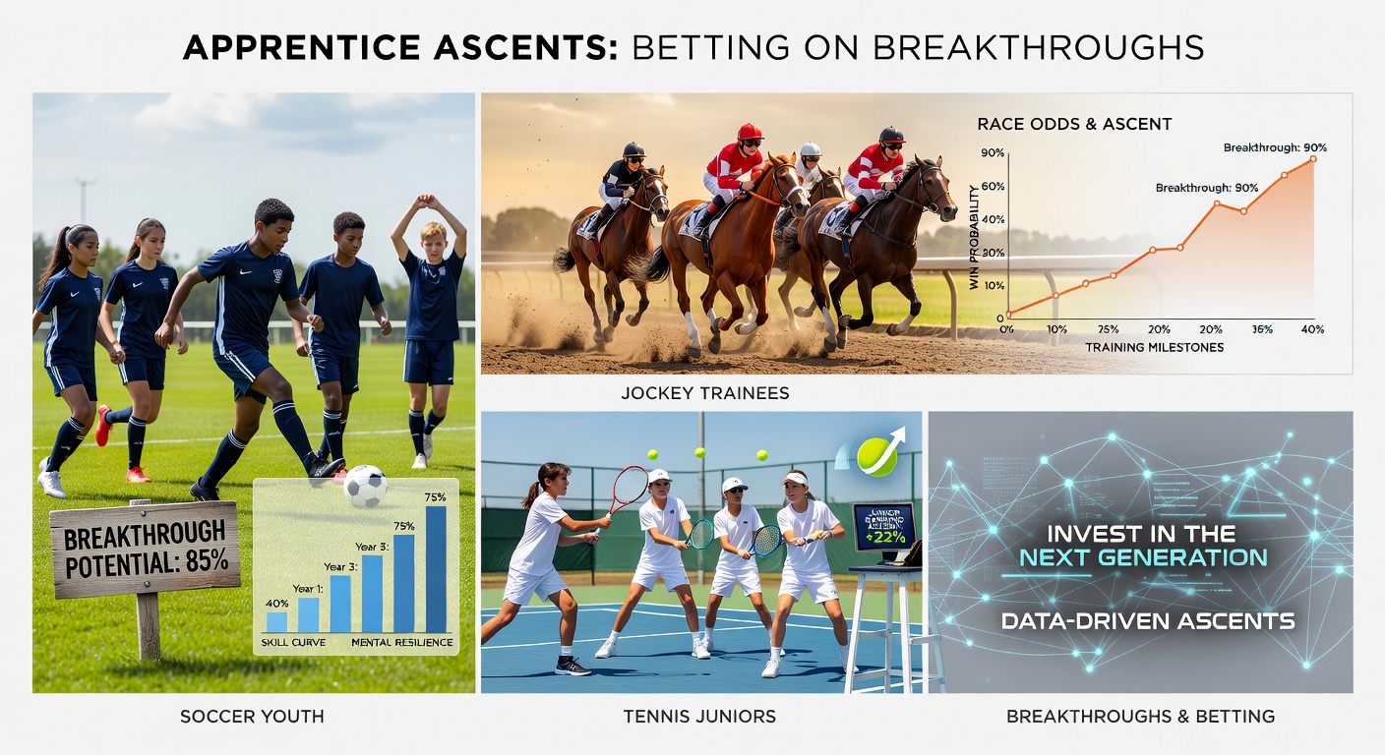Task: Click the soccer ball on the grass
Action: [x=365, y=486]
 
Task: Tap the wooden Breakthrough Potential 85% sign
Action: [x=145, y=549]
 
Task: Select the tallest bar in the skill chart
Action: [x=435, y=568]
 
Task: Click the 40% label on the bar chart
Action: [x=277, y=604]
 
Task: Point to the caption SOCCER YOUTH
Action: [x=252, y=717]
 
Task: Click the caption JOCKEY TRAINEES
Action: [x=705, y=393]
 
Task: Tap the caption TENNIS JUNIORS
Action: [x=699, y=717]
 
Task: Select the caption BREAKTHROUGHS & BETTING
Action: [x=1140, y=717]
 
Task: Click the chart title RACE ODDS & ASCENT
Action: [x=1073, y=125]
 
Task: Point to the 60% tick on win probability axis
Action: [x=992, y=186]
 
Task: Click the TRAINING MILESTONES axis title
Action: [x=1154, y=347]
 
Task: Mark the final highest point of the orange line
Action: [x=1312, y=158]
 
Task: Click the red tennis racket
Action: [x=629, y=488]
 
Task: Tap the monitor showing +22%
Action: [x=882, y=528]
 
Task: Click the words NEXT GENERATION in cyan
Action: [x=1142, y=558]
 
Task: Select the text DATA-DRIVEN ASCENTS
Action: [x=1147, y=620]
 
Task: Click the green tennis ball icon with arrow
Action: [x=876, y=455]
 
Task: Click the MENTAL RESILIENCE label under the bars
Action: [x=402, y=643]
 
